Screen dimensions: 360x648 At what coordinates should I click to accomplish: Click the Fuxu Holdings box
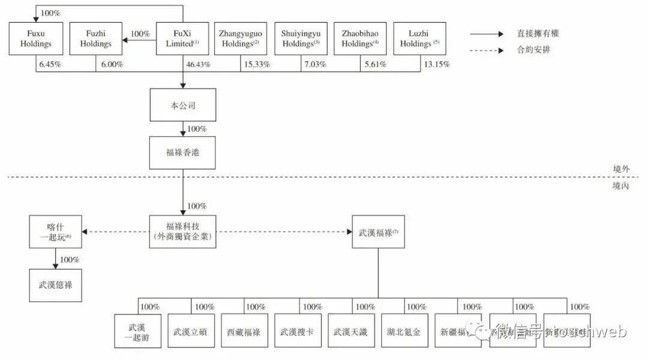(36, 39)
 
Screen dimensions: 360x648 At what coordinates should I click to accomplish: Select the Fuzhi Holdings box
(96, 39)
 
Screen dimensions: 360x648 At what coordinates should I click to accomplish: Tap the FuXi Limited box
(182, 39)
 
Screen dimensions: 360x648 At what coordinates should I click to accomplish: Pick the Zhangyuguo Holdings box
(239, 39)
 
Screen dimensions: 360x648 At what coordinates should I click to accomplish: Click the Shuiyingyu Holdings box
(301, 39)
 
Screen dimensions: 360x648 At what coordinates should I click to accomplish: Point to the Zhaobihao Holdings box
(360, 39)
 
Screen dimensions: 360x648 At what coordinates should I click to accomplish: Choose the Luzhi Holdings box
(420, 39)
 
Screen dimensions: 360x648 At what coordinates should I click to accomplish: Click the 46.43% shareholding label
(198, 64)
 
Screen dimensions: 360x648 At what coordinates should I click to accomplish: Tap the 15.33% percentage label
(256, 64)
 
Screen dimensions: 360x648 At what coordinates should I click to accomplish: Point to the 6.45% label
(50, 64)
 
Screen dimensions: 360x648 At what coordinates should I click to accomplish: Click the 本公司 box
(182, 105)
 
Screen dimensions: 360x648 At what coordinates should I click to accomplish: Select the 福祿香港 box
(182, 152)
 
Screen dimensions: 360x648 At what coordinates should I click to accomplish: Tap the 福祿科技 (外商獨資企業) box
(182, 232)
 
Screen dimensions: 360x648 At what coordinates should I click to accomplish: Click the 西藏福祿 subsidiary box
(244, 331)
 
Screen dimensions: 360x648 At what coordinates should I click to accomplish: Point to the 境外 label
(620, 170)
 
